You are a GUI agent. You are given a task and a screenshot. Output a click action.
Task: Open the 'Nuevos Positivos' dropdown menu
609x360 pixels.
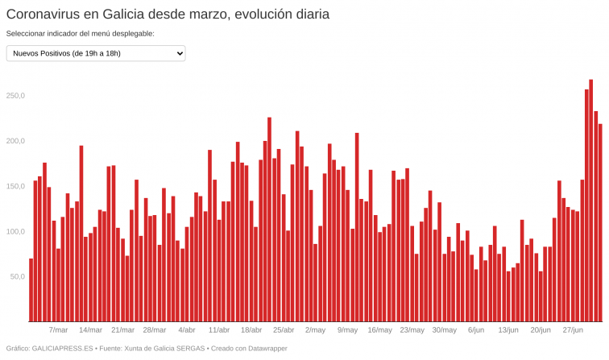96,53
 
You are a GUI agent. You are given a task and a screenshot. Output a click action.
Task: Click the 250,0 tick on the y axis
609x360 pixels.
16,96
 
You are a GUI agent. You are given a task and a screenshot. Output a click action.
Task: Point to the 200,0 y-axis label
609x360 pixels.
16,141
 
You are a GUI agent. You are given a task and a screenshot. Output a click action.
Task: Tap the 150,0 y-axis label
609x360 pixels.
16,186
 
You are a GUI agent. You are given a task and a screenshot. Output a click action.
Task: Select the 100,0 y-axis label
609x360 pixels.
16,231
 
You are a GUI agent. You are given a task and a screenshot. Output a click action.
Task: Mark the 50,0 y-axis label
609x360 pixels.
18,276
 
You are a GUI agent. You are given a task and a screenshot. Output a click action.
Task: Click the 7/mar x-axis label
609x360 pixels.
58,329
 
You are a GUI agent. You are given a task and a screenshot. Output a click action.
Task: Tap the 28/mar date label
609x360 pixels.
154,329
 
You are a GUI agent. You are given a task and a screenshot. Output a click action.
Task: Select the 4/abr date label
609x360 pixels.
187,329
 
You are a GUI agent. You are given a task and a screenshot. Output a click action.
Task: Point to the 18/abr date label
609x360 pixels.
251,329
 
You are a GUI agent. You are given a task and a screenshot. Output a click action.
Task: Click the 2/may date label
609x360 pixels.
315,329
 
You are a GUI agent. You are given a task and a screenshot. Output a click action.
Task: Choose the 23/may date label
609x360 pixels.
412,329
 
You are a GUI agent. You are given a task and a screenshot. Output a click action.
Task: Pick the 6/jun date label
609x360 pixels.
476,329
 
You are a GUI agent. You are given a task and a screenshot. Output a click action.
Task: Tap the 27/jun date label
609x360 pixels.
573,329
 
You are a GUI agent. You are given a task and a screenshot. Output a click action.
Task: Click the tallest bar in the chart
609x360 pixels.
590,201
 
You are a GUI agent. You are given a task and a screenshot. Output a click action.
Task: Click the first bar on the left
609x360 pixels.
31,290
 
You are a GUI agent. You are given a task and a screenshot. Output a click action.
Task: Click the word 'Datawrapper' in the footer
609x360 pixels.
264,349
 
